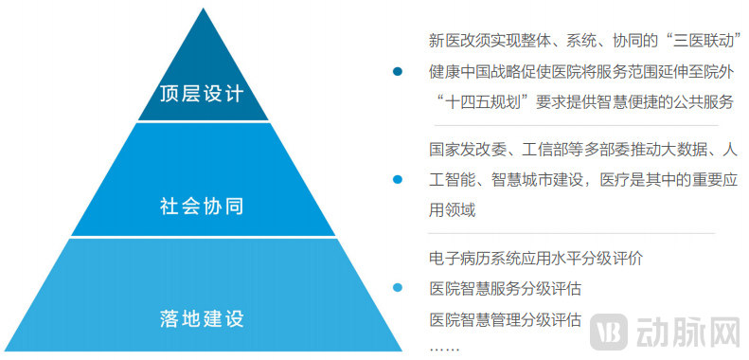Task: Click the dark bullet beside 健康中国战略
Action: coord(399,71)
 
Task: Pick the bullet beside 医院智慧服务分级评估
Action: coord(399,288)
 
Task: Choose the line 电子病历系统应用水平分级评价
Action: coord(535,258)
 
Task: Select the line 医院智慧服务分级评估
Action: coord(505,288)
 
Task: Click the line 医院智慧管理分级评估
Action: coord(505,318)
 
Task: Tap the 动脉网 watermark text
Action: coord(690,332)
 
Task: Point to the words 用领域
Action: coord(452,209)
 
